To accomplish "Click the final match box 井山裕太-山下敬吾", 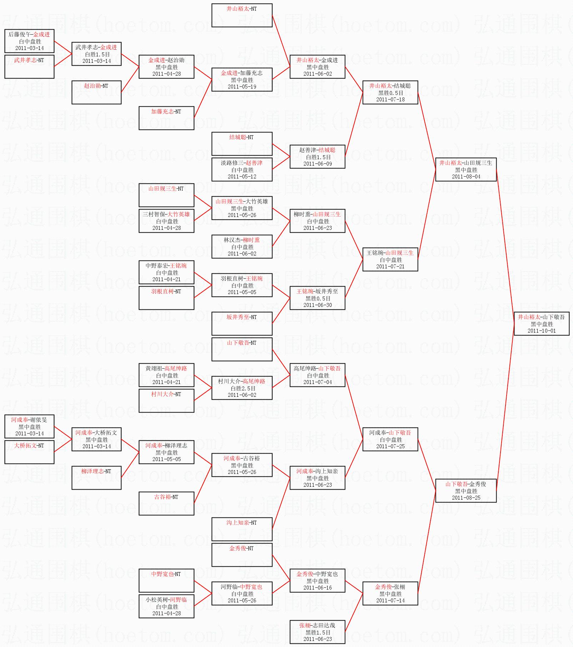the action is pos(541,323).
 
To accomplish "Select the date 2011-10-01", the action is pos(541,331).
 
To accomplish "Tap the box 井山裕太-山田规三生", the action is pos(466,169).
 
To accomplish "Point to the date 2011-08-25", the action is pos(466,498).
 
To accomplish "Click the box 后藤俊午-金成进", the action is pos(29,41).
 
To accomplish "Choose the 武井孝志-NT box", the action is pos(29,66).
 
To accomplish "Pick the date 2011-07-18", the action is pos(390,100).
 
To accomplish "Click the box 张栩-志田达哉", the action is pos(317,632).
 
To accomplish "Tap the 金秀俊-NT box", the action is pos(242,555).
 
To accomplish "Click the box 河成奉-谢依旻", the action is pos(29,426).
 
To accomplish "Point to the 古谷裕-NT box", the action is pos(166,503).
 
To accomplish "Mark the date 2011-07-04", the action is pos(317,382).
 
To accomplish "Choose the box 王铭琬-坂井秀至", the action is pos(317,298).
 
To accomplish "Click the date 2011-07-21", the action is pos(390,267).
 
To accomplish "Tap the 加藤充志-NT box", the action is pos(166,118).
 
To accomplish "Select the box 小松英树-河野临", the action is pos(166,606).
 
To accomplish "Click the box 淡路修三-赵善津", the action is pos(242,169).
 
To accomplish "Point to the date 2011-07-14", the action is pos(390,601).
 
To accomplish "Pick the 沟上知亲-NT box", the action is pos(242,529).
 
